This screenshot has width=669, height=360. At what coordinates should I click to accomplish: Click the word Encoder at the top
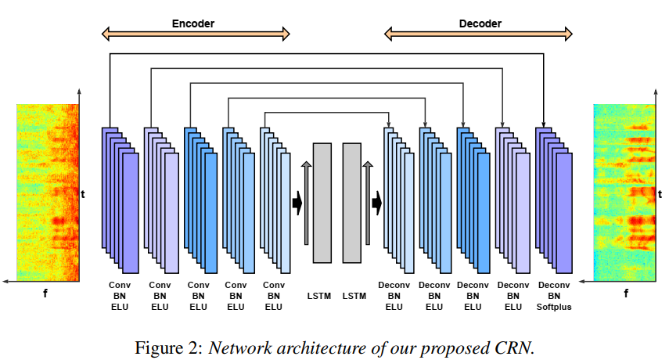coord(193,23)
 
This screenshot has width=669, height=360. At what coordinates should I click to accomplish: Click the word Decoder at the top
coord(480,23)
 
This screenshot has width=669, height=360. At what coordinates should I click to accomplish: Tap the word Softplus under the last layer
coord(554,308)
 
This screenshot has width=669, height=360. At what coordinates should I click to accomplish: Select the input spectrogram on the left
coord(49,193)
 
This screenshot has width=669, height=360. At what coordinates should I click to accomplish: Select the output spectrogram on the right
coord(624,193)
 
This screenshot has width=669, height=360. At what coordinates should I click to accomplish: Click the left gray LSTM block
coord(322,203)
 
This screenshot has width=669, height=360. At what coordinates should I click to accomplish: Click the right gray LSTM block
coord(352,203)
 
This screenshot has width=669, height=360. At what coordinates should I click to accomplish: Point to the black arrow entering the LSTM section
coord(297,203)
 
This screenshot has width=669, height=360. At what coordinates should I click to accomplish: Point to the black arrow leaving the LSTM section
coord(376,203)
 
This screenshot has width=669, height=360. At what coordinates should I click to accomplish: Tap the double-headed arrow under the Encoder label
coord(196,34)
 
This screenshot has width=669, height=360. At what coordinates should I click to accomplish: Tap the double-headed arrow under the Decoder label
coord(479,34)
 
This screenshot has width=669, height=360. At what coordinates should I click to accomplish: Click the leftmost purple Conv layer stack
coord(120,196)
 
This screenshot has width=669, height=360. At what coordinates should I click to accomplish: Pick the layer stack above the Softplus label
coord(553,196)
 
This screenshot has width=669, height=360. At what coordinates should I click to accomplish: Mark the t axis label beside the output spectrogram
coord(660,194)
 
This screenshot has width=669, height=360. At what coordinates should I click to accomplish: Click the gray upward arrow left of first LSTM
coord(307,203)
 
